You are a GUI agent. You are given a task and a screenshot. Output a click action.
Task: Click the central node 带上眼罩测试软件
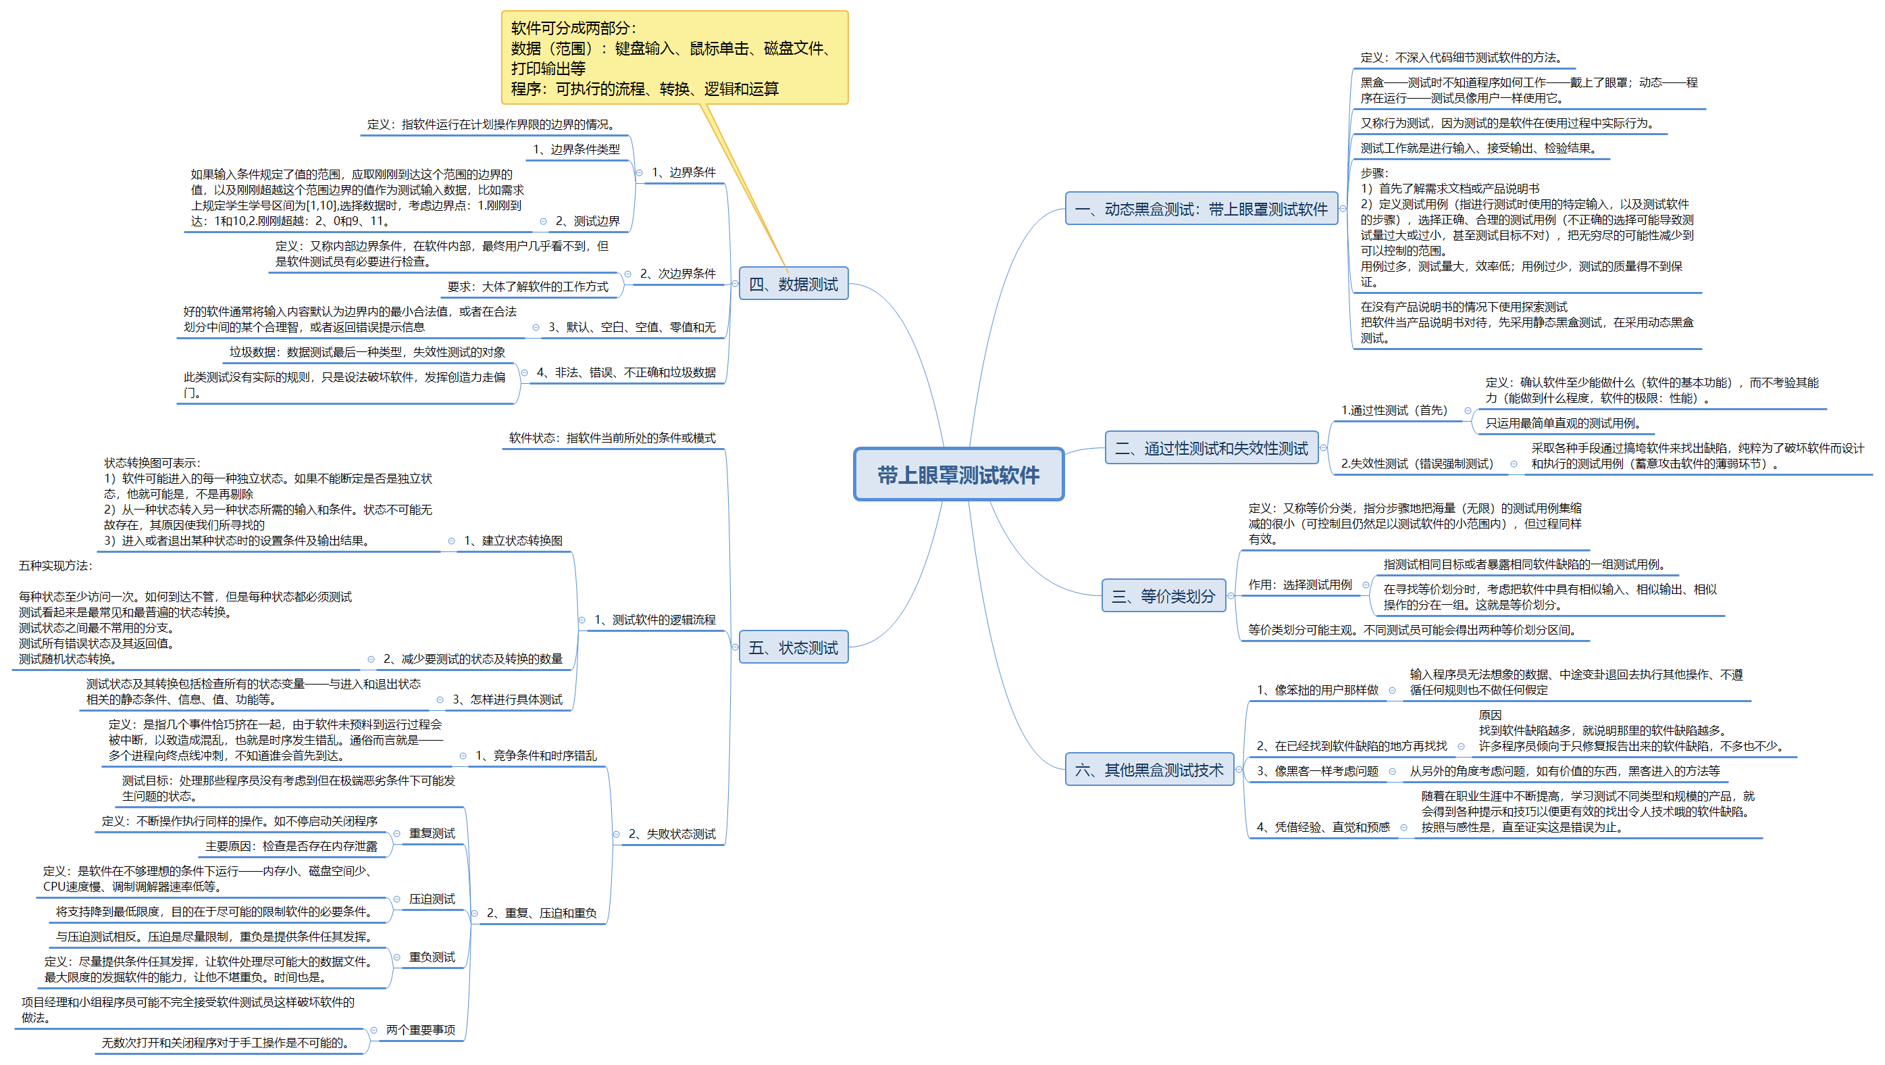[x=958, y=475]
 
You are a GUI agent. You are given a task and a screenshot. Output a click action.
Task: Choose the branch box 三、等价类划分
[x=1163, y=596]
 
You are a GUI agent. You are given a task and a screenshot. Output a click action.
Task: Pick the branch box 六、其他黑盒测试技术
[x=1149, y=770]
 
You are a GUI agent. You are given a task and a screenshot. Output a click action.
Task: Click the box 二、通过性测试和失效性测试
[x=1211, y=448]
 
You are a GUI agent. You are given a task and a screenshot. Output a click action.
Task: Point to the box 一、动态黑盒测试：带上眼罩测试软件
[x=1201, y=209]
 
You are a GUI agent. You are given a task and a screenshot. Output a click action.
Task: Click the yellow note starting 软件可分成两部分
[x=674, y=58]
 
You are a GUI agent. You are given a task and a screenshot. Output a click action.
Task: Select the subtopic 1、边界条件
[x=683, y=172]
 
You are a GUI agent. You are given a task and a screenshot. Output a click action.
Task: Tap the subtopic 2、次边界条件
[x=677, y=273]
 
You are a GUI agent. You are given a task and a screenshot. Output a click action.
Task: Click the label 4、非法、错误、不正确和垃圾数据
[x=626, y=372]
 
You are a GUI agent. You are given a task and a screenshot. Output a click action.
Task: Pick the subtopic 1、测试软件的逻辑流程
[x=654, y=620]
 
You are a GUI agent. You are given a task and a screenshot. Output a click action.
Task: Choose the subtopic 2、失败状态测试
[x=672, y=835]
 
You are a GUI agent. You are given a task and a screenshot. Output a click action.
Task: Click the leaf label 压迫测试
[x=432, y=899]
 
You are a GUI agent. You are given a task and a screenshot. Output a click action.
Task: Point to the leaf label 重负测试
[x=432, y=958]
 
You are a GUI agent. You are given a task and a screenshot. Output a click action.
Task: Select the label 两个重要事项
[x=421, y=1030]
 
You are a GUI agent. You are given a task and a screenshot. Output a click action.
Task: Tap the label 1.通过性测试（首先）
[x=1394, y=411]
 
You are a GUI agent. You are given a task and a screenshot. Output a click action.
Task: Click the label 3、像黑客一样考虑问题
[x=1317, y=772]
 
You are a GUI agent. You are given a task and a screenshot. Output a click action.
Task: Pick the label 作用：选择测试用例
[x=1299, y=585]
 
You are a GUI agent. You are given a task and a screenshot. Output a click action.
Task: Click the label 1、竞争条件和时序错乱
[x=536, y=756]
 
